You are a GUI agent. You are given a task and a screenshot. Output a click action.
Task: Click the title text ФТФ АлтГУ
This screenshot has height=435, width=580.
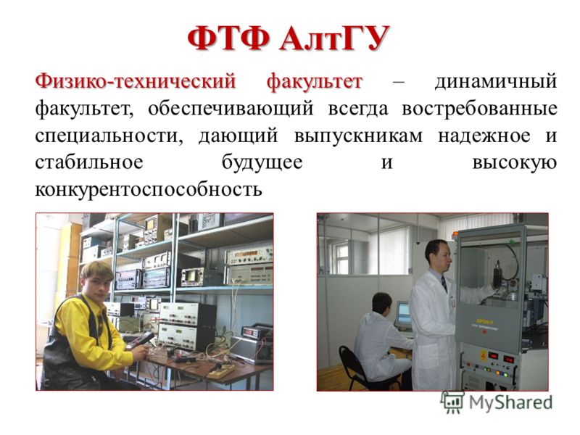[289, 38]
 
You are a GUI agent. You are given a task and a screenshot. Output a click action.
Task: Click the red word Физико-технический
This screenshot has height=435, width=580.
[136, 81]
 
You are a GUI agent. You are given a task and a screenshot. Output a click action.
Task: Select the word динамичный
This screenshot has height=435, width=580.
[496, 81]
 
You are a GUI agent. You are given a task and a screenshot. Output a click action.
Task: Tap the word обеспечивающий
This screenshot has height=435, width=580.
[231, 108]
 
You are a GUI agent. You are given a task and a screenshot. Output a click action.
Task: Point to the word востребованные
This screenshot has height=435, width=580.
[479, 108]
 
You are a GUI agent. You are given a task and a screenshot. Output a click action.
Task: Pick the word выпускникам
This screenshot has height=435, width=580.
[358, 136]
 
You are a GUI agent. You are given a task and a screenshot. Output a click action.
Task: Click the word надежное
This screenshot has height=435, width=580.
[484, 136]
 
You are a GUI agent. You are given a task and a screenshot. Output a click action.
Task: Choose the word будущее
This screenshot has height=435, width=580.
[262, 162]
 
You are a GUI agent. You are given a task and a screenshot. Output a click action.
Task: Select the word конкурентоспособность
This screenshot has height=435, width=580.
[149, 190]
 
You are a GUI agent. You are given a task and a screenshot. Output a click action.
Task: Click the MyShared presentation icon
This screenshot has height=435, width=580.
[452, 402]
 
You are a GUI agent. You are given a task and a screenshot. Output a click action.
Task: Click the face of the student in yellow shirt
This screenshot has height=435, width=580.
[97, 283]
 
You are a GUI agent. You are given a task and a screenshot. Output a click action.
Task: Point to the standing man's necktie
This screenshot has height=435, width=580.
[444, 283]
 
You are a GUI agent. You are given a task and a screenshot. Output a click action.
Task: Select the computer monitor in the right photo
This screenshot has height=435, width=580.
[403, 315]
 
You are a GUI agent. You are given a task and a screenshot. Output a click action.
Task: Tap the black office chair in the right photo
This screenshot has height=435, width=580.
[356, 368]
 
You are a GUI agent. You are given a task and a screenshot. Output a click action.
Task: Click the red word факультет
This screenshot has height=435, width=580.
[314, 81]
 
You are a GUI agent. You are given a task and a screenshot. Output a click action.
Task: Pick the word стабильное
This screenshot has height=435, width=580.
[89, 162]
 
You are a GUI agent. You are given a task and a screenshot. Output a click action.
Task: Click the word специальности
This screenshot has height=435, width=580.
[109, 136]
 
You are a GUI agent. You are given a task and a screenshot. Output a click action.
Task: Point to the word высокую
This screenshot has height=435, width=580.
[515, 162]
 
